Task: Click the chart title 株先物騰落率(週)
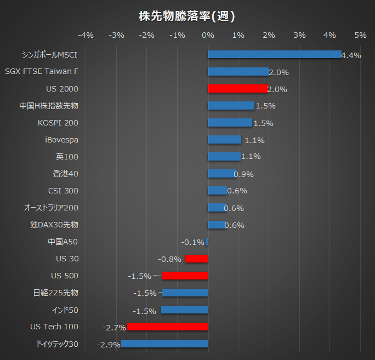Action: point(187,16)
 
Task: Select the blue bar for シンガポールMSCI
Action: point(274,54)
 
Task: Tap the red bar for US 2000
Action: point(238,88)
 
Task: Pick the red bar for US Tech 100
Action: point(168,327)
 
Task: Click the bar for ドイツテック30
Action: point(164,344)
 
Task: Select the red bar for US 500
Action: point(185,276)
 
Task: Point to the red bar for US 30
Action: point(196,259)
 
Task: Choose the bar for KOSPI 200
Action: point(230,123)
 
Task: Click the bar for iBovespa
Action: point(224,140)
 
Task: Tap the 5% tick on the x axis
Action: point(360,36)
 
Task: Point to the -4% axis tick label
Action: point(86,36)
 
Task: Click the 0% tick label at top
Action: point(208,36)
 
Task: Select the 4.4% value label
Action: point(351,55)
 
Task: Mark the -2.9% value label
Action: point(109,345)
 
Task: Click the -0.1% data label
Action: point(193,242)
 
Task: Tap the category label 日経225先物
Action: point(56,293)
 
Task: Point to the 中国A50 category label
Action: point(63,242)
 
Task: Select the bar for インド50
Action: point(184,310)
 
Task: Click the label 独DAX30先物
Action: point(54,225)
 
